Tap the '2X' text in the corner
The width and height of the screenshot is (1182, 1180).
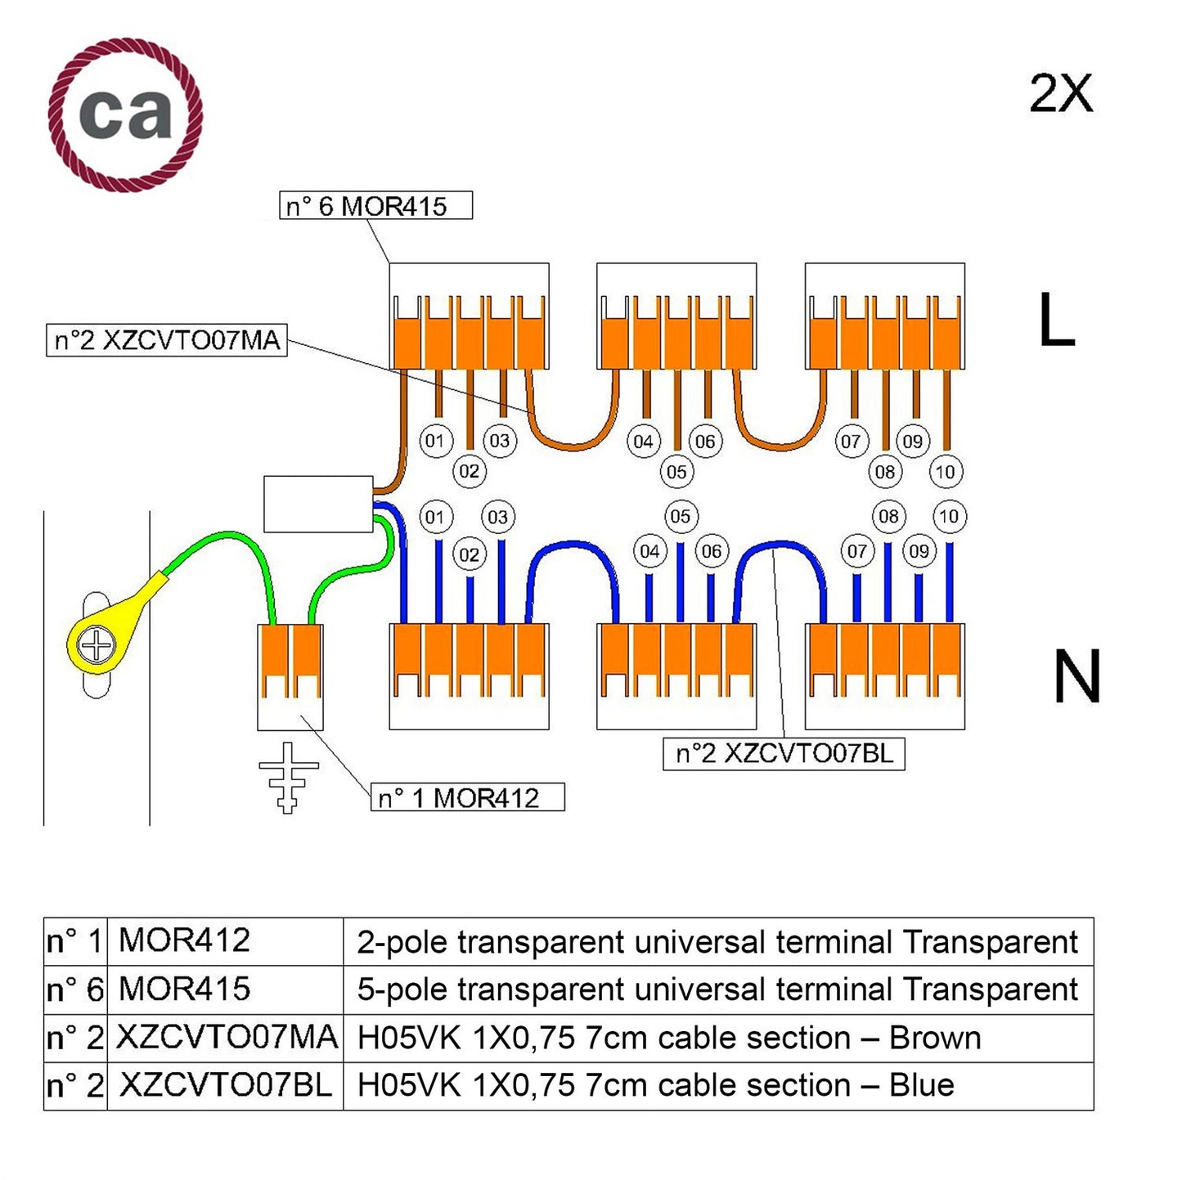[x=1060, y=94]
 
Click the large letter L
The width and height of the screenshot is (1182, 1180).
[x=1055, y=321]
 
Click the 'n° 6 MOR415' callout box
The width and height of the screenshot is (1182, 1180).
[x=375, y=205]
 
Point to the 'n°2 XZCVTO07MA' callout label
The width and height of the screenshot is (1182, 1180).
[x=167, y=340]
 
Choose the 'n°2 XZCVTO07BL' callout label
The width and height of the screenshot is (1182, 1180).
[x=783, y=753]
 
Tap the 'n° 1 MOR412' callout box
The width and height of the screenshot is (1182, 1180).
[x=467, y=797]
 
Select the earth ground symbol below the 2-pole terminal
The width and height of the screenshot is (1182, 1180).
[x=288, y=777]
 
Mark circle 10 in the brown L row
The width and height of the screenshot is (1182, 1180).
[x=945, y=472]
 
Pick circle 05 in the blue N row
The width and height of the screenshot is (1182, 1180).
[x=680, y=517]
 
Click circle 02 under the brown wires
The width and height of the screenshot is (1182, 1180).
[x=469, y=471]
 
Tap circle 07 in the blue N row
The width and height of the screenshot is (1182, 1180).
[x=856, y=551]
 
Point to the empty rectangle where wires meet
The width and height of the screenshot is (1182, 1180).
[x=318, y=504]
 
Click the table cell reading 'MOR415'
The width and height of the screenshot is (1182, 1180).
[x=185, y=989]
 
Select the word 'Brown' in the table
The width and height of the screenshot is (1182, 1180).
[x=934, y=1038]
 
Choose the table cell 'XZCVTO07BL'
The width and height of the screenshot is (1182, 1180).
[x=225, y=1085]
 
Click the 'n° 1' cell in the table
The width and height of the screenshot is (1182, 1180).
[x=74, y=941]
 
